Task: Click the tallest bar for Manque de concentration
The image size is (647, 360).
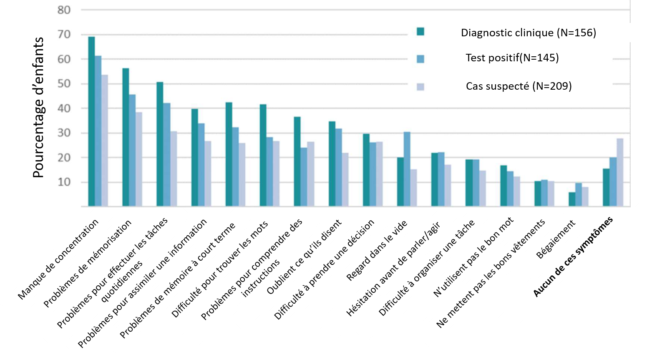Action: (91, 121)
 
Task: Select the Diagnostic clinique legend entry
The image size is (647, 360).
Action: (528, 33)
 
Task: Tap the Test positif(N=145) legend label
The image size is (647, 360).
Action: (512, 58)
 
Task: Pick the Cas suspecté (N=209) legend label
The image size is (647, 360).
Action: (519, 86)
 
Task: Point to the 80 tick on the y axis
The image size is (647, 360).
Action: (64, 10)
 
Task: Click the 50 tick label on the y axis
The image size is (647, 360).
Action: (64, 84)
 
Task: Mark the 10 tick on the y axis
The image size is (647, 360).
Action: (64, 182)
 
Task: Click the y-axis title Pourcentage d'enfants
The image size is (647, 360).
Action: (38, 108)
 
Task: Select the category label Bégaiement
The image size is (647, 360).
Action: (556, 239)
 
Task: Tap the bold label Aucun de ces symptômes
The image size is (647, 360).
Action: (574, 257)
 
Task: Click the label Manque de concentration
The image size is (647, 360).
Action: (58, 259)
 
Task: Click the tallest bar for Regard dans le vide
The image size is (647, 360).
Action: (407, 169)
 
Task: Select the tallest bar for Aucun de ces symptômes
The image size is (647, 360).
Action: (620, 172)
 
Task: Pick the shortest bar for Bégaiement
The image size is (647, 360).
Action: (572, 199)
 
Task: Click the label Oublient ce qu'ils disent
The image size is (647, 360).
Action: (304, 256)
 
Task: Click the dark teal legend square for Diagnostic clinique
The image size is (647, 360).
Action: (420, 32)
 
